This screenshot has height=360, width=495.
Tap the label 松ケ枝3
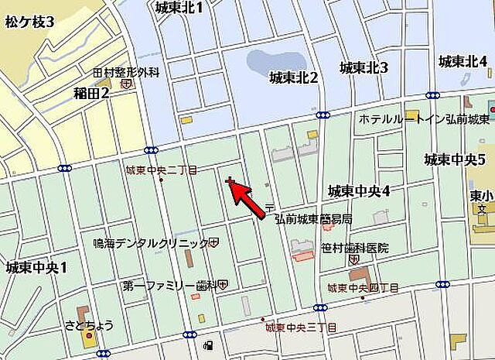coord(29,22)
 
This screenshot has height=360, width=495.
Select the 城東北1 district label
coord(179,9)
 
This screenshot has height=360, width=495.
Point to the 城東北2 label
coord(294,77)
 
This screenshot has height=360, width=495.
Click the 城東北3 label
coord(364,67)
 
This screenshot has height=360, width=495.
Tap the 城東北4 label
coord(463,61)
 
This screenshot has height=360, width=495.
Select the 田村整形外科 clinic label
coord(125,72)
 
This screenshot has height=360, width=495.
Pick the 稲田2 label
coord(91,94)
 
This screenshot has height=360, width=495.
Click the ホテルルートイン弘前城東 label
coord(425,119)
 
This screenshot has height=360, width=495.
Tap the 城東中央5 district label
coord(454,159)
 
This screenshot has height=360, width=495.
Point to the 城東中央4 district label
coord(357,190)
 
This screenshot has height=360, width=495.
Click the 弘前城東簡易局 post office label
coord(314,218)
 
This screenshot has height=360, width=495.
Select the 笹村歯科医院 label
coord(355,249)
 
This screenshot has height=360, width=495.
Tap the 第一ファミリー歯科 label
coord(169,286)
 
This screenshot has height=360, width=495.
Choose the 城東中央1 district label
coord(36,268)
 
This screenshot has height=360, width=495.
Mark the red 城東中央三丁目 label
coord(301,327)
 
